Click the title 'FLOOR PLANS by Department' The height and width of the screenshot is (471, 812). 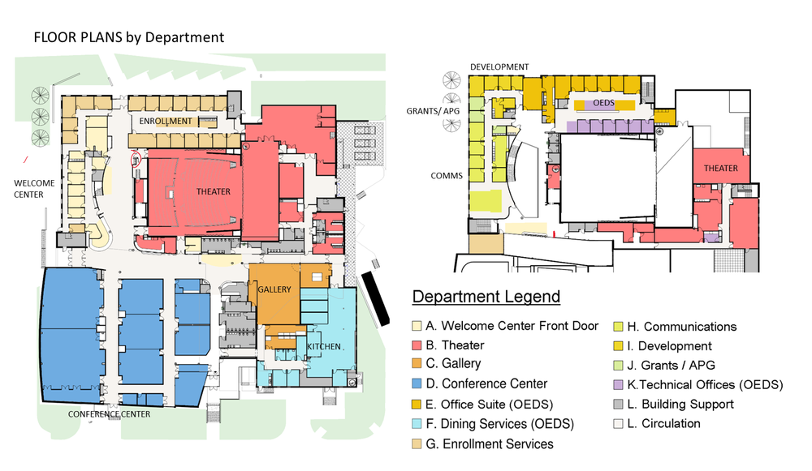[x=128, y=37]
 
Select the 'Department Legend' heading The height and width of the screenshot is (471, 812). [x=486, y=296]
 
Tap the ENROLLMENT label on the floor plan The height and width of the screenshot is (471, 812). [x=166, y=122]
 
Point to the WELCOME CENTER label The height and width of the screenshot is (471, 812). [x=34, y=188]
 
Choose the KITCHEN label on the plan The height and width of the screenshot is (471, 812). [x=324, y=347]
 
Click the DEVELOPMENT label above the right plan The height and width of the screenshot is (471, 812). [x=499, y=66]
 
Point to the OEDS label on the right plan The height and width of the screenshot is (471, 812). [x=603, y=104]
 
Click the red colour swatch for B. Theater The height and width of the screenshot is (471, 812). [x=418, y=346]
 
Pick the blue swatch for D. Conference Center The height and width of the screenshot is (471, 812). [x=418, y=385]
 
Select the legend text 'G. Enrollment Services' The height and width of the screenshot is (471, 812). [x=490, y=443]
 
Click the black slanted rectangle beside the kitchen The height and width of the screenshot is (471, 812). [x=376, y=298]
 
